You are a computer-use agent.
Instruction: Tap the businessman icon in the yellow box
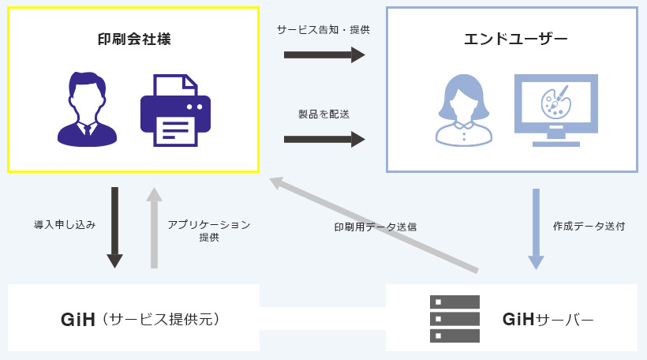coord(87,108)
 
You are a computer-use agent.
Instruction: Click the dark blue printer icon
coord(175,110)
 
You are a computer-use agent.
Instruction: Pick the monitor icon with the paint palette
coord(556,110)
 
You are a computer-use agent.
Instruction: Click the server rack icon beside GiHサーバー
coord(454,318)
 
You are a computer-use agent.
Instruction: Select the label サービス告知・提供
coord(323,29)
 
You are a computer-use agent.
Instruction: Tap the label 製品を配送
coord(323,114)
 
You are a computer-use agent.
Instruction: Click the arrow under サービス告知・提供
coord(324,54)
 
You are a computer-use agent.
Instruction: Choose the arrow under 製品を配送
coord(324,139)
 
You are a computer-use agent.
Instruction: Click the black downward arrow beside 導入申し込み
coord(115,227)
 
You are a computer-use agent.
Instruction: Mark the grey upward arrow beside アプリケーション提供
coord(154,227)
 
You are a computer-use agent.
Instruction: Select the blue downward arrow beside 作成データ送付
coord(536,228)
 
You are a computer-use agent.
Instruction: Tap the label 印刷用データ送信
coord(375,227)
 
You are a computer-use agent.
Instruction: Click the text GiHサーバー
coord(548,319)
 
